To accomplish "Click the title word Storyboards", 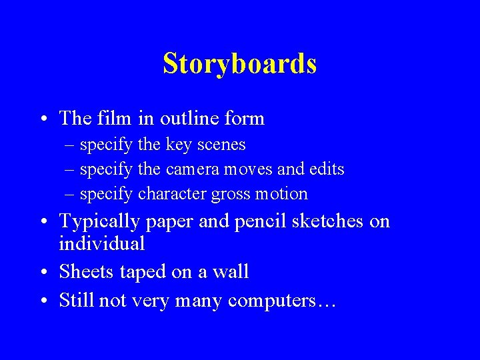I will [x=239, y=64].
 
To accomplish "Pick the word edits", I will [x=327, y=169].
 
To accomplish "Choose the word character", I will [x=172, y=194].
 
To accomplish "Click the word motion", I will [x=283, y=194].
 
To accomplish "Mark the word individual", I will [x=102, y=243].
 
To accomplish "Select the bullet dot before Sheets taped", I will [x=43, y=273].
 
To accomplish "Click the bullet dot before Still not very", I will [x=43, y=301].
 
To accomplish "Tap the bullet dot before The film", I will [x=43, y=119].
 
